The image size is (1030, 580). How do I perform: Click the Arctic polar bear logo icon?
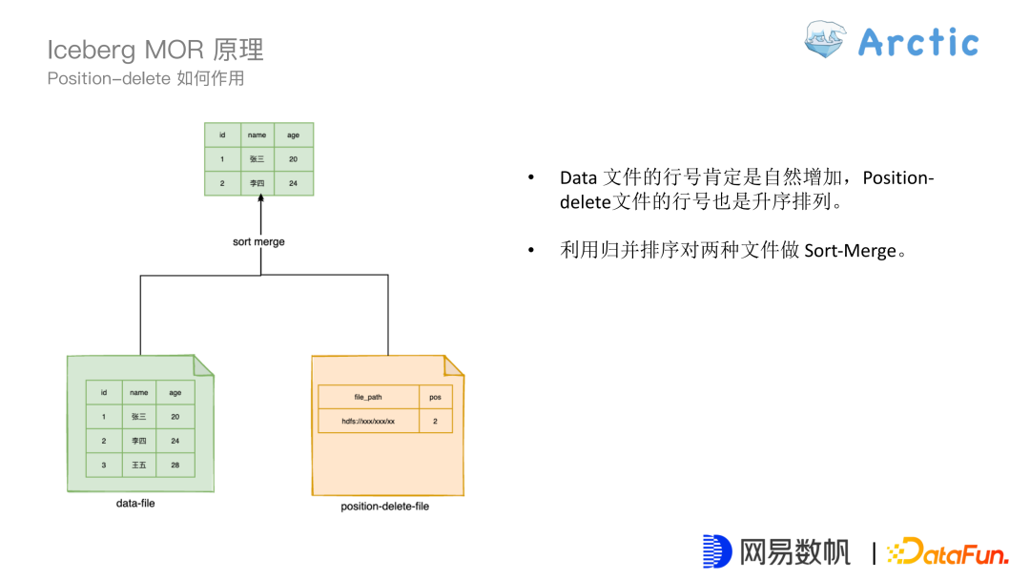(x=826, y=40)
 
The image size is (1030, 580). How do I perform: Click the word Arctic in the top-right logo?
(x=917, y=42)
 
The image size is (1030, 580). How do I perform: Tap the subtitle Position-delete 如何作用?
(x=146, y=78)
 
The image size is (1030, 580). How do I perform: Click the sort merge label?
(x=258, y=241)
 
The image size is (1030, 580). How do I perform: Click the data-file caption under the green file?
(x=135, y=503)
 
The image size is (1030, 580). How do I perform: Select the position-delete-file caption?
(x=384, y=506)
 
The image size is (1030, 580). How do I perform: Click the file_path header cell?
(x=367, y=396)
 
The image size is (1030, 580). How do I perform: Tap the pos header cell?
(x=435, y=396)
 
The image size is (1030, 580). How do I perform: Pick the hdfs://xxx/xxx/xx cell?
(x=367, y=421)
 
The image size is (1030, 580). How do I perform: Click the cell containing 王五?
(x=139, y=465)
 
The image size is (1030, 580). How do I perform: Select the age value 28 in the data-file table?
(x=175, y=465)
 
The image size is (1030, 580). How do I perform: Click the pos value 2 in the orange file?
(x=435, y=421)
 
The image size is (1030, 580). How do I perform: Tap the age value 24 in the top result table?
(x=294, y=183)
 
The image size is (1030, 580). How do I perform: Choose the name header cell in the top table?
(x=257, y=135)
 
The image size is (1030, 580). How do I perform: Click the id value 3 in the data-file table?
(x=103, y=465)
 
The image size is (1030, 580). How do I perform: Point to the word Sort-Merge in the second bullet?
(x=851, y=251)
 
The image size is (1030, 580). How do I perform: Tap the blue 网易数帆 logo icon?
(x=716, y=551)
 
